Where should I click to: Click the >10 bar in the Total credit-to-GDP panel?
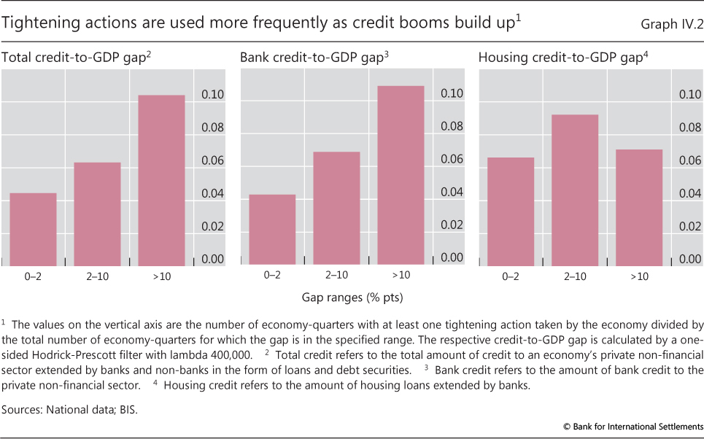[161, 180]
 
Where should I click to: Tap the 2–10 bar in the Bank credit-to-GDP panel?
[336, 208]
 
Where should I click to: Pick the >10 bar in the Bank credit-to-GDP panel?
[401, 175]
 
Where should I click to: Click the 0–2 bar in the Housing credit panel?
[511, 211]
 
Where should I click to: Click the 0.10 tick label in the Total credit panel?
[212, 95]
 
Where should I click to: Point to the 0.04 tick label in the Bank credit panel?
[452, 192]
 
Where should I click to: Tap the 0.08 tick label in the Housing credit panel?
[690, 128]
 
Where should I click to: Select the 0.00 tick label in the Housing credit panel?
[690, 259]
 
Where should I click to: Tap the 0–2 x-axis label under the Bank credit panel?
[272, 276]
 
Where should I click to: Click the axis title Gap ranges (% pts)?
[352, 298]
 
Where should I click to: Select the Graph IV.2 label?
[670, 23]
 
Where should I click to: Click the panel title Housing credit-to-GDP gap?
[563, 57]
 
